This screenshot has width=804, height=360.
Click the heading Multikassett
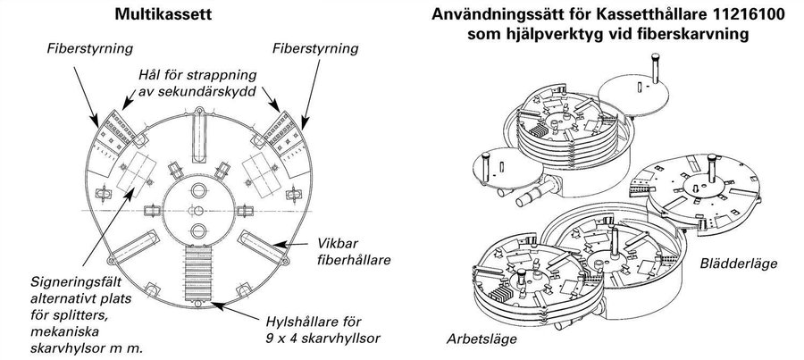coord(163,14)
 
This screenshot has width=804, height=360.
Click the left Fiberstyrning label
coord(89,49)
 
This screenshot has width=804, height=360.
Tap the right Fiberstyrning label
coord(315,49)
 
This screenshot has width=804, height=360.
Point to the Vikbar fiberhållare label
coord(354,251)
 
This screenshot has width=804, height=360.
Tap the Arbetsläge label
coord(482,339)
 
